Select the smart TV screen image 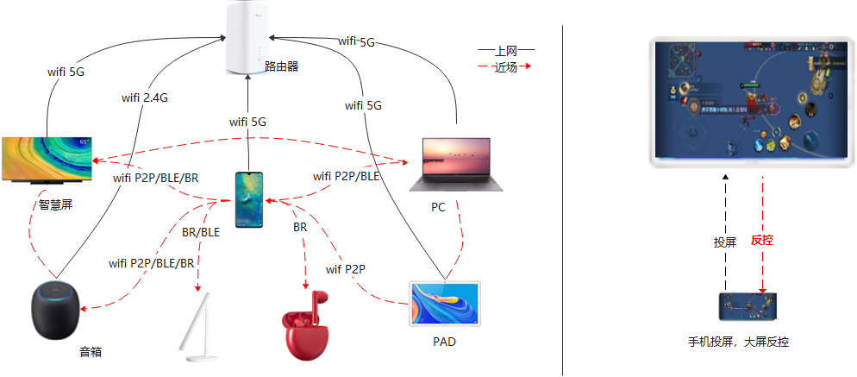47,160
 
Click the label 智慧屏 56,205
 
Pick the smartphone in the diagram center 249,200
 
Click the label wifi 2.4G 144,97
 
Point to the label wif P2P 346,270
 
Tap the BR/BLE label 201,231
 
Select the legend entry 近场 506,66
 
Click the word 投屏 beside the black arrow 724,242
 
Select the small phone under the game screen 748,307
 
